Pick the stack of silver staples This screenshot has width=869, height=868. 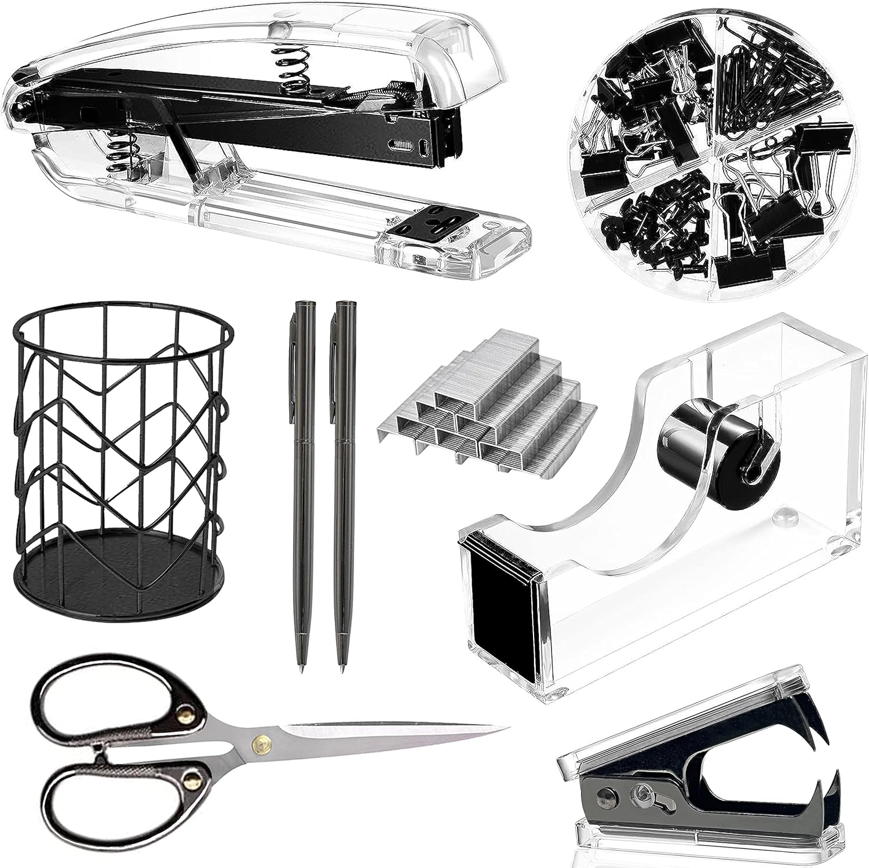point(487,400)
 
